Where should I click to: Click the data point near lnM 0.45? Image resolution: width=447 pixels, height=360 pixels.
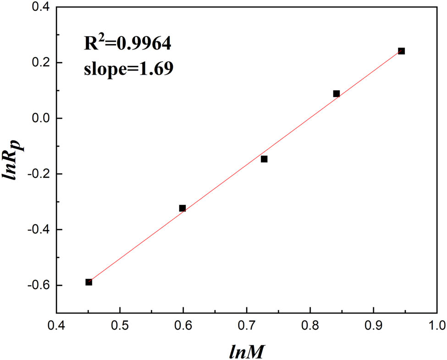tap(88, 282)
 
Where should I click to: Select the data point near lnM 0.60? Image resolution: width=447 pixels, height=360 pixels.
tap(182, 208)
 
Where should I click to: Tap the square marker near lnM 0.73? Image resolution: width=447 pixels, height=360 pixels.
tap(264, 159)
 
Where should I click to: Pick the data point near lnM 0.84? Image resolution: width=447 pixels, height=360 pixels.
tap(336, 93)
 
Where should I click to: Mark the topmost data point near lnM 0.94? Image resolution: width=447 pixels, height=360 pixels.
tap(402, 51)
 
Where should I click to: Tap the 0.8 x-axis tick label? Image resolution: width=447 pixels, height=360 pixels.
tap(310, 327)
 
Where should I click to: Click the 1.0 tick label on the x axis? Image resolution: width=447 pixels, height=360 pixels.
tap(437, 327)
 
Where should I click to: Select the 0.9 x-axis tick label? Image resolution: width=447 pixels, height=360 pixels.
tap(374, 327)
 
